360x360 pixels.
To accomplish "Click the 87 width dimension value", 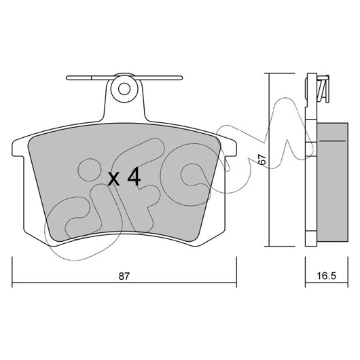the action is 124,276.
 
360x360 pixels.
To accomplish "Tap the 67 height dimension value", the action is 262,159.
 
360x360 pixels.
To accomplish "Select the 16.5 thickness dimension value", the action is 327,276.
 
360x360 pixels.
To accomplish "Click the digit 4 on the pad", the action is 134,177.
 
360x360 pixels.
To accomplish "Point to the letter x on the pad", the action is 114,179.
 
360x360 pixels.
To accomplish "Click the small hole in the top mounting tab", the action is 124,89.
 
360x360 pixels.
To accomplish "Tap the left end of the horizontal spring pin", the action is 67,78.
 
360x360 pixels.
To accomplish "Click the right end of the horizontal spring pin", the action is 181,78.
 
